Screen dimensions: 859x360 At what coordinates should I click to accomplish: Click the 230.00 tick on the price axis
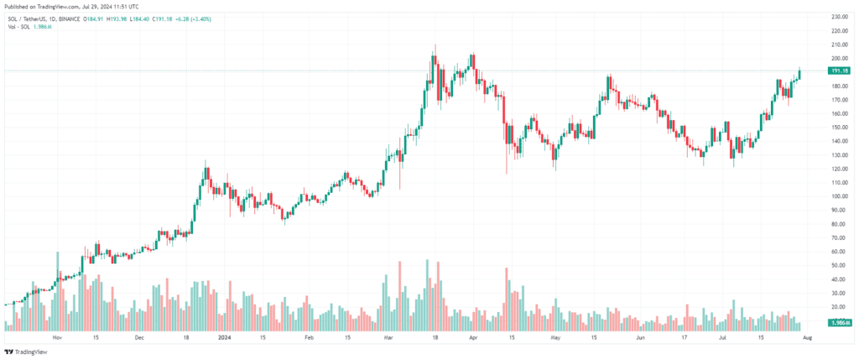pos(841,17)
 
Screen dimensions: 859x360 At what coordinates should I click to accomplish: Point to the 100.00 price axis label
pos(841,196)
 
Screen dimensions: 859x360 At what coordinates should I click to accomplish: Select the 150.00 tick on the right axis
pos(841,127)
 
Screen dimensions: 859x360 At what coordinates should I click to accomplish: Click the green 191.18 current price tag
pos(840,71)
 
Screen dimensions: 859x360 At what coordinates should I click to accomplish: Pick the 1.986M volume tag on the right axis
pos(841,323)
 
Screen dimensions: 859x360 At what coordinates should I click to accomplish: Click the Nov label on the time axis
pos(57,338)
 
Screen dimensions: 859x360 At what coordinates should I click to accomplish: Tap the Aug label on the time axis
pos(807,338)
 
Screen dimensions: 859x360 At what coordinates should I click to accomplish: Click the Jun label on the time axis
pos(640,338)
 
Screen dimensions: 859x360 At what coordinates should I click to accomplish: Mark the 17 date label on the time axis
pos(682,338)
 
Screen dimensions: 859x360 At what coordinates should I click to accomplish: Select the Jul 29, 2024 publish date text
pos(103,6)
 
